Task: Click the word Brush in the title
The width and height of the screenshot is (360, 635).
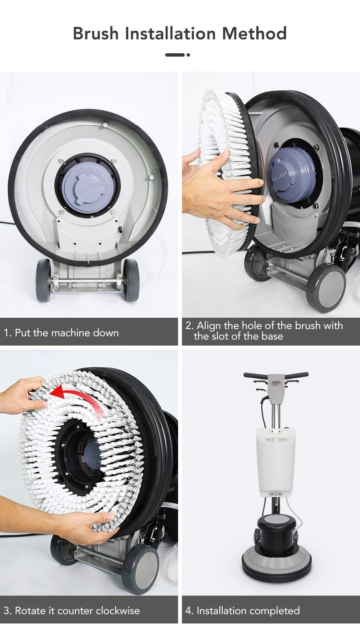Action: (96, 33)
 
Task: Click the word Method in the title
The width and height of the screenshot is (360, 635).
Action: (254, 33)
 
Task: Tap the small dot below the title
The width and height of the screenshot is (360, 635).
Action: (188, 55)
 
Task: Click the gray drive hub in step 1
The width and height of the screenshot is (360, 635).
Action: (87, 188)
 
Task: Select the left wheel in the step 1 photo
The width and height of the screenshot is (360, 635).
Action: (44, 280)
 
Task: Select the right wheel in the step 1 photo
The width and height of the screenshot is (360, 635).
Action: (132, 280)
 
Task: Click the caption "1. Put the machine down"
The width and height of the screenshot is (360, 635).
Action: (61, 333)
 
